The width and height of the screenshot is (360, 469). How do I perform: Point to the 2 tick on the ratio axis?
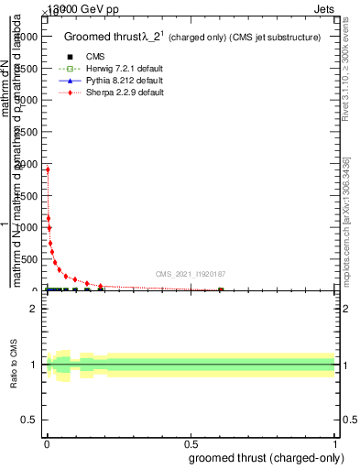tap(33, 309)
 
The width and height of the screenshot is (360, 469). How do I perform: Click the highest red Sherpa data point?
tap(48, 169)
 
